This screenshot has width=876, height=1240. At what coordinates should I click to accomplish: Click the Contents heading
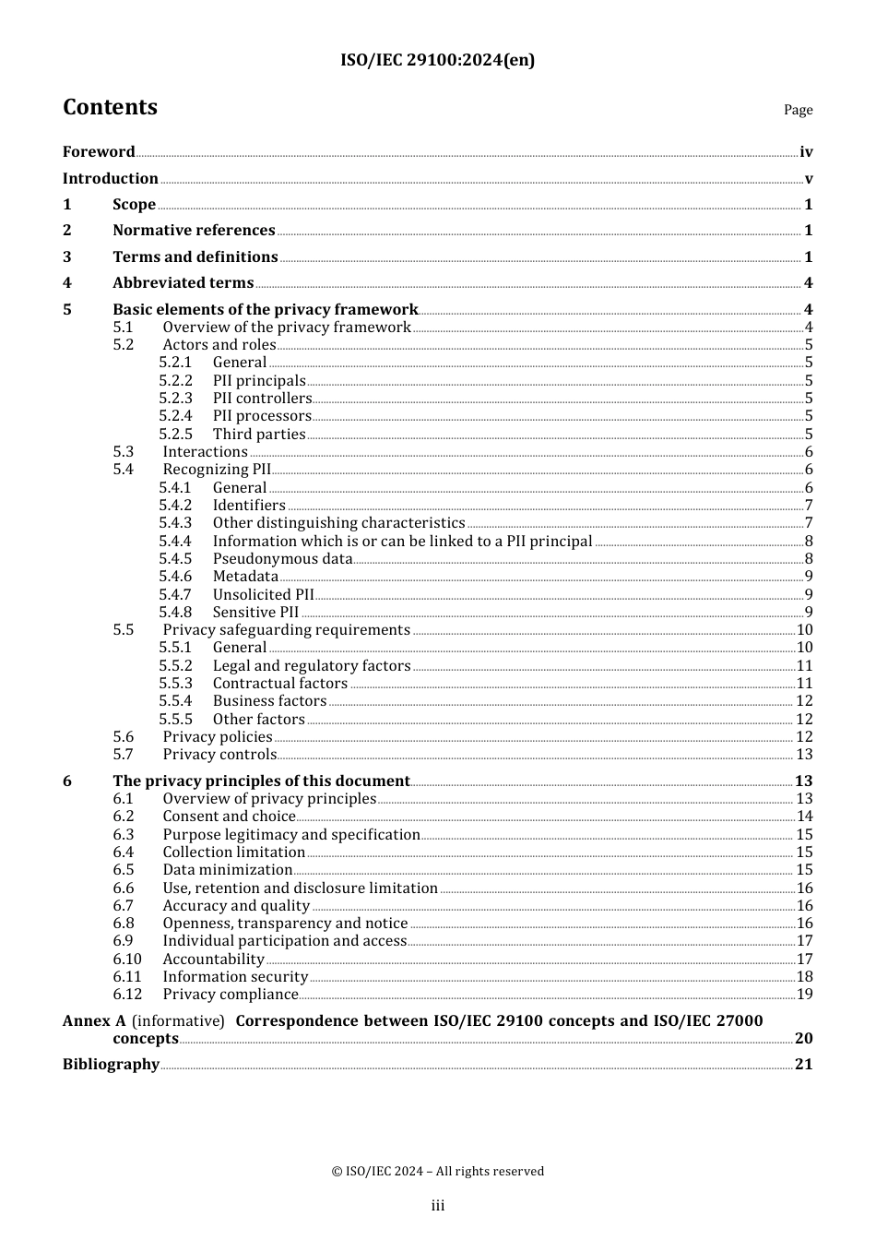coord(110,108)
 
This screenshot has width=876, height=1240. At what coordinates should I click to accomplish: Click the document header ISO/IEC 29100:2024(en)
coord(437,60)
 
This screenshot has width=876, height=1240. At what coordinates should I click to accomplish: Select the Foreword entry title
coord(99,152)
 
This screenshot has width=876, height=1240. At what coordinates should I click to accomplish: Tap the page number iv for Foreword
coord(806,152)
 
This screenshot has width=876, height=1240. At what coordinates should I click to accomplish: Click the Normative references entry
coord(194,231)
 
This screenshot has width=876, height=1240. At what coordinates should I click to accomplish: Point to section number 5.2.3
coord(175,399)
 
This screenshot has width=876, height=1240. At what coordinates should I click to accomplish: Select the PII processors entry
coord(262,416)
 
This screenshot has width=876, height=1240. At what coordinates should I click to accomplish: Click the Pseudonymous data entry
coord(282,559)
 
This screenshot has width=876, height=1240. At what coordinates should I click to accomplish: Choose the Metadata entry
coord(245,577)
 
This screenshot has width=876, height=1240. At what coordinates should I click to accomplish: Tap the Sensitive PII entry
coord(255,613)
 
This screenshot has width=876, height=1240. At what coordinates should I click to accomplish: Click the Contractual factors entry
coord(279,684)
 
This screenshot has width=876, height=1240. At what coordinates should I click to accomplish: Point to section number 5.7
coord(124,755)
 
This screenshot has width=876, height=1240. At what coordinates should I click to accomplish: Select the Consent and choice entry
coord(229,817)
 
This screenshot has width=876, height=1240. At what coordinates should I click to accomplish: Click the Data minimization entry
coord(227,870)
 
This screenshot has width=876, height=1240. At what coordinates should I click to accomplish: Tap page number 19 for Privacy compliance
coord(804,995)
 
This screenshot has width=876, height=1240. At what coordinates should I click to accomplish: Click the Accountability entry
coord(213,960)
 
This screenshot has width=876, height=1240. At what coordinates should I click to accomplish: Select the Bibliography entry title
coord(111,1065)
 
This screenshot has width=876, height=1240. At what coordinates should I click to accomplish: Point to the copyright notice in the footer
coord(437,1172)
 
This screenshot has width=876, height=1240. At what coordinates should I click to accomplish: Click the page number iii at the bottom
coord(437,1206)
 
